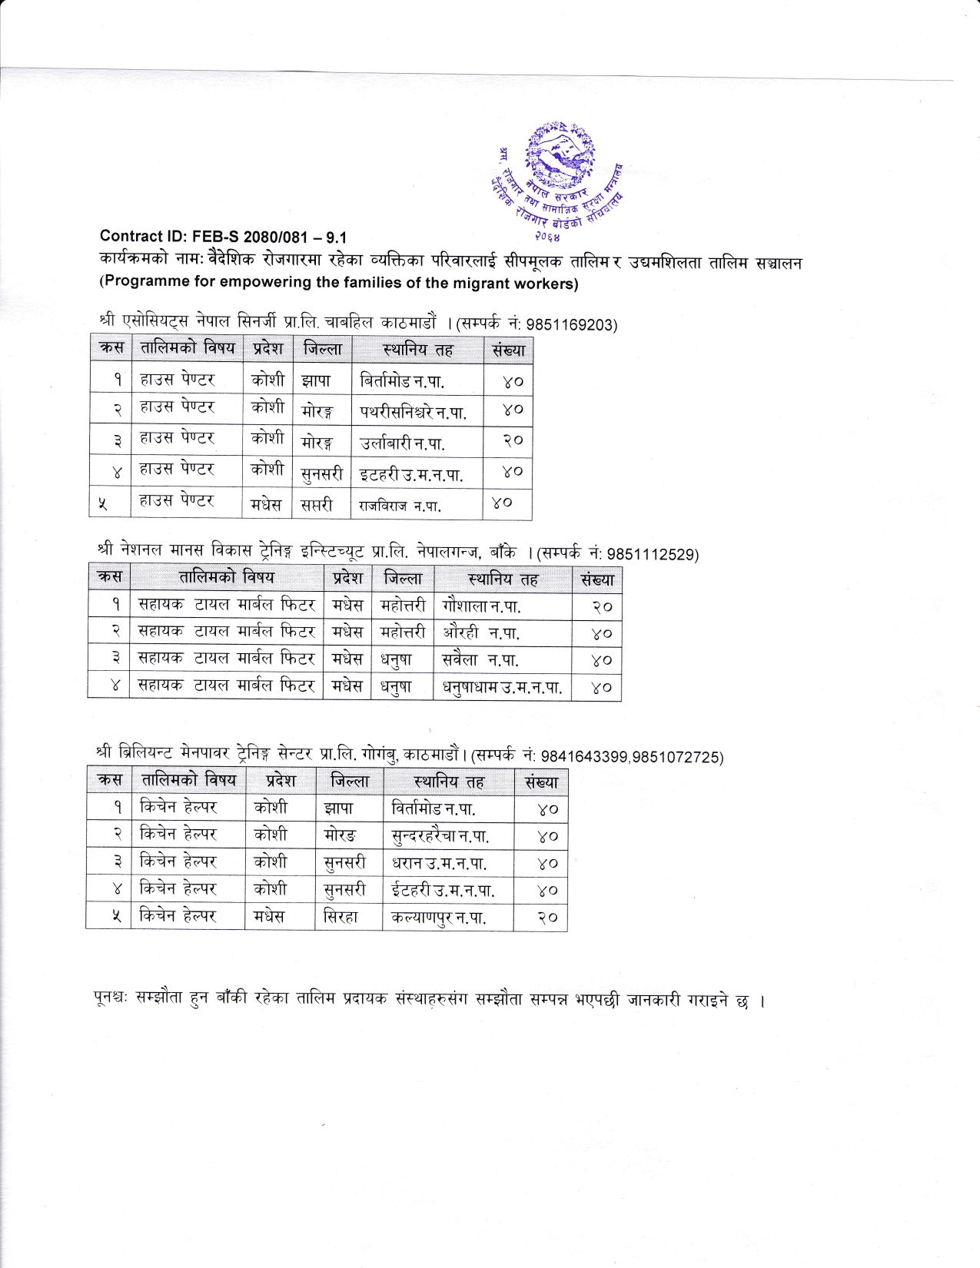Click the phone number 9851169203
pos(573,324)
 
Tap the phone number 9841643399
pos(585,758)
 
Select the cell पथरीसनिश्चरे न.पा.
pos(414,412)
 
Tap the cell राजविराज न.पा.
pos(400,506)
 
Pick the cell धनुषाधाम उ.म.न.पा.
pos(502,687)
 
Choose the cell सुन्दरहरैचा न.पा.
pos(440,836)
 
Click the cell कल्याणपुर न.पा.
pos(438,917)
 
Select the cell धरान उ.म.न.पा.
pos(439,863)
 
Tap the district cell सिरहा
pos(341,917)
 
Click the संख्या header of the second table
pos(597,579)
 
